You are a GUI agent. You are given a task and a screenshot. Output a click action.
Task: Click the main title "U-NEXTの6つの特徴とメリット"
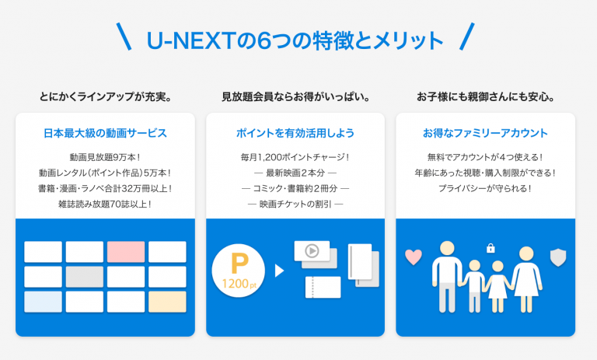point(295,40)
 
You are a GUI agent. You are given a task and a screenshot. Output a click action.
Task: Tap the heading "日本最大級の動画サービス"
point(105,133)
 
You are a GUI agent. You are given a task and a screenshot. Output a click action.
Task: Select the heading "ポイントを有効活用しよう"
point(295,133)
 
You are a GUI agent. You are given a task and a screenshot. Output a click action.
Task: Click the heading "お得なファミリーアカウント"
point(485,133)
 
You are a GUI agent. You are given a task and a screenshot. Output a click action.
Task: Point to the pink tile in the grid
point(126,252)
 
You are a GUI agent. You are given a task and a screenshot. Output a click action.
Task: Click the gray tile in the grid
point(85,277)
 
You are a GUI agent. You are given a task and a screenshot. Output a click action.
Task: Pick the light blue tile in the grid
point(43,302)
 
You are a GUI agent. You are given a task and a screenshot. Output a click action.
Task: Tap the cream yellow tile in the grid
point(167,302)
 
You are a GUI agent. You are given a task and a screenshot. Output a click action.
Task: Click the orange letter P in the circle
point(239,264)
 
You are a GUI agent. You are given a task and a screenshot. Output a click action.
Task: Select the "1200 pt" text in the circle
point(239,284)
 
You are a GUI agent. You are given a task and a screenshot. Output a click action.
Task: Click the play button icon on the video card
point(312,250)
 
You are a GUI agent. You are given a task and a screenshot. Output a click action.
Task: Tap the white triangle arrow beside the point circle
point(280,271)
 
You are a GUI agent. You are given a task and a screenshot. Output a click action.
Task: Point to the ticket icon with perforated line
point(323,287)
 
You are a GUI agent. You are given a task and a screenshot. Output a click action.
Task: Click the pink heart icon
point(413,257)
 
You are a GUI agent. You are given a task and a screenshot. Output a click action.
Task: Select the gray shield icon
point(558,257)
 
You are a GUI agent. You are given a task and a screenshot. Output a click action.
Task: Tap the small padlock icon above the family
point(491,248)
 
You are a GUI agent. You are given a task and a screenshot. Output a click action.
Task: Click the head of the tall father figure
point(447,248)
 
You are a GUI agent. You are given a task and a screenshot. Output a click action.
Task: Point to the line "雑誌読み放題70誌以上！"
point(105,204)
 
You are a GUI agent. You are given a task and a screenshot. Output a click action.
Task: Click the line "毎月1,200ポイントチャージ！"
point(295,157)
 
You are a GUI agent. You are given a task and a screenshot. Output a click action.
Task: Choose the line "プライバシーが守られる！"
point(485,188)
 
